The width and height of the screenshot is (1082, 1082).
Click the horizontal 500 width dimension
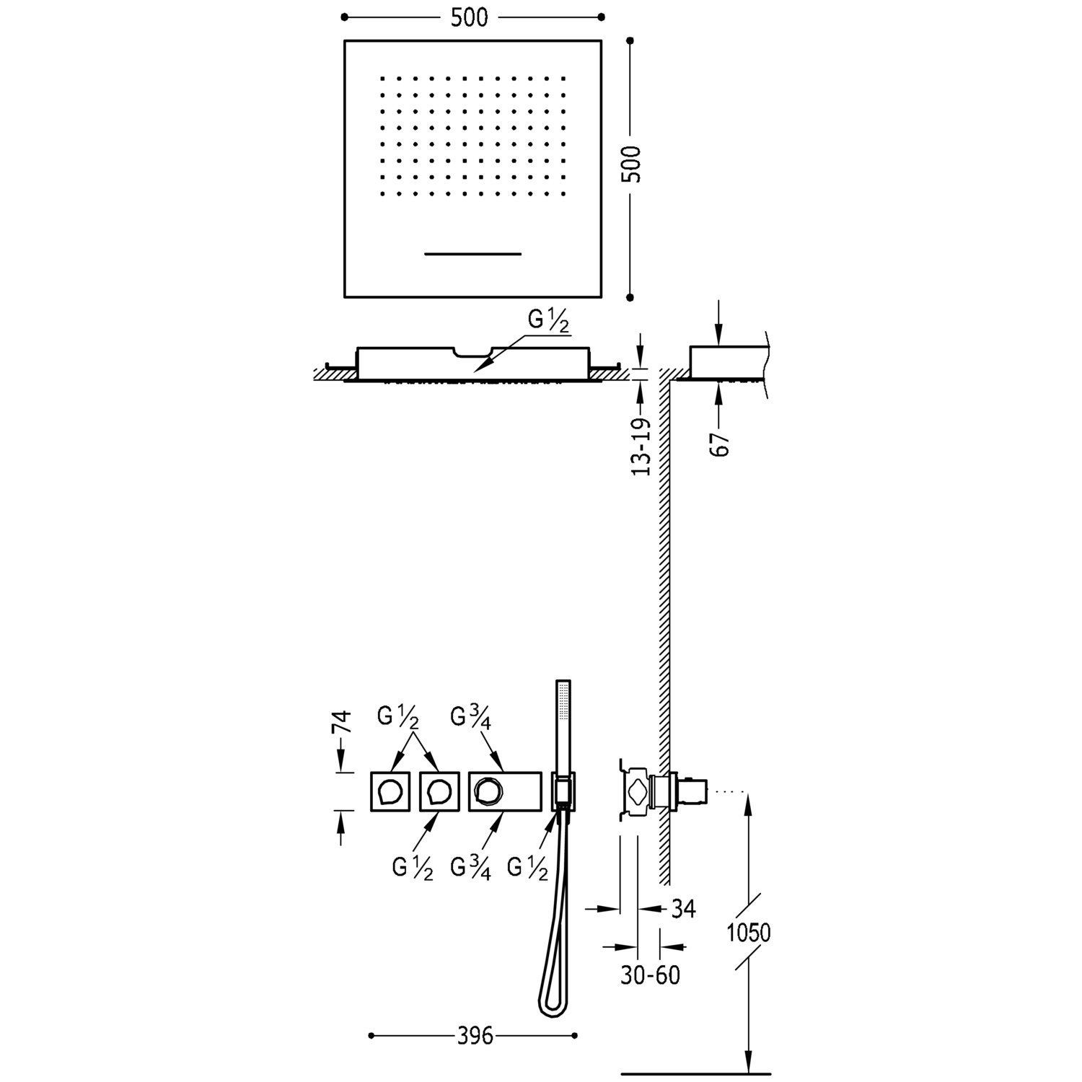tap(470, 17)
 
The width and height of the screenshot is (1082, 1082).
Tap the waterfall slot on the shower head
tap(472, 254)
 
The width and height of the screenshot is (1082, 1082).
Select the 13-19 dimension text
tap(641, 447)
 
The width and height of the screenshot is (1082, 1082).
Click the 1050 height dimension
tap(748, 933)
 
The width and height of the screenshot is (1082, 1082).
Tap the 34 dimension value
tap(682, 909)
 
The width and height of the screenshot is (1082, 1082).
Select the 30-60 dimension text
tap(650, 975)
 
